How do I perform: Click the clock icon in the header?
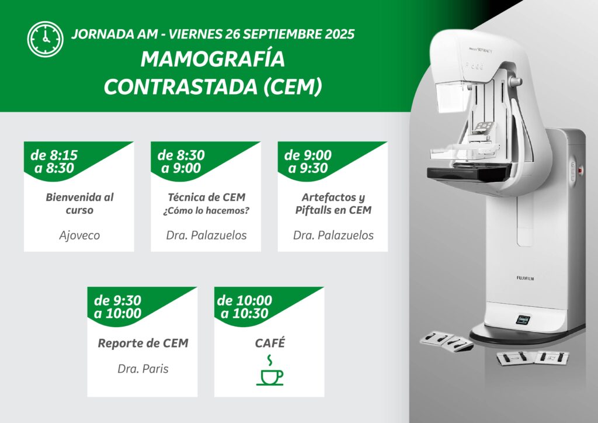(x=46, y=39)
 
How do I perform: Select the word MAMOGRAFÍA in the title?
(x=213, y=59)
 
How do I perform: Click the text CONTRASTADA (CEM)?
(x=213, y=86)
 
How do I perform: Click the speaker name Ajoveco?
(x=79, y=235)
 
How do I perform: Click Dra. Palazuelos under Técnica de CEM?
(x=206, y=235)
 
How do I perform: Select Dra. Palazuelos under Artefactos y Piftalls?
(x=333, y=235)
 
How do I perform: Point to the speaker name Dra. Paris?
(x=143, y=369)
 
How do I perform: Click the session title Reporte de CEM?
(x=143, y=344)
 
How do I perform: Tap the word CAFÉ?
(x=270, y=343)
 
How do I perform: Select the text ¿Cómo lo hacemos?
(x=206, y=211)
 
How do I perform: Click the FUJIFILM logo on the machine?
(x=525, y=278)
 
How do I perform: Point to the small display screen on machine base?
(x=523, y=320)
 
